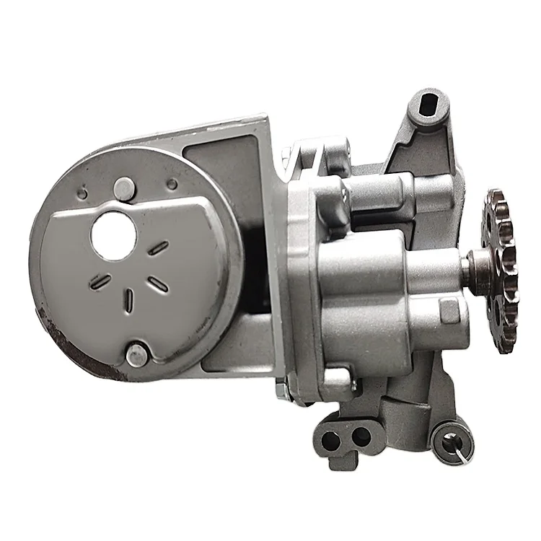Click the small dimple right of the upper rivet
171,186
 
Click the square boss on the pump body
449,311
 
